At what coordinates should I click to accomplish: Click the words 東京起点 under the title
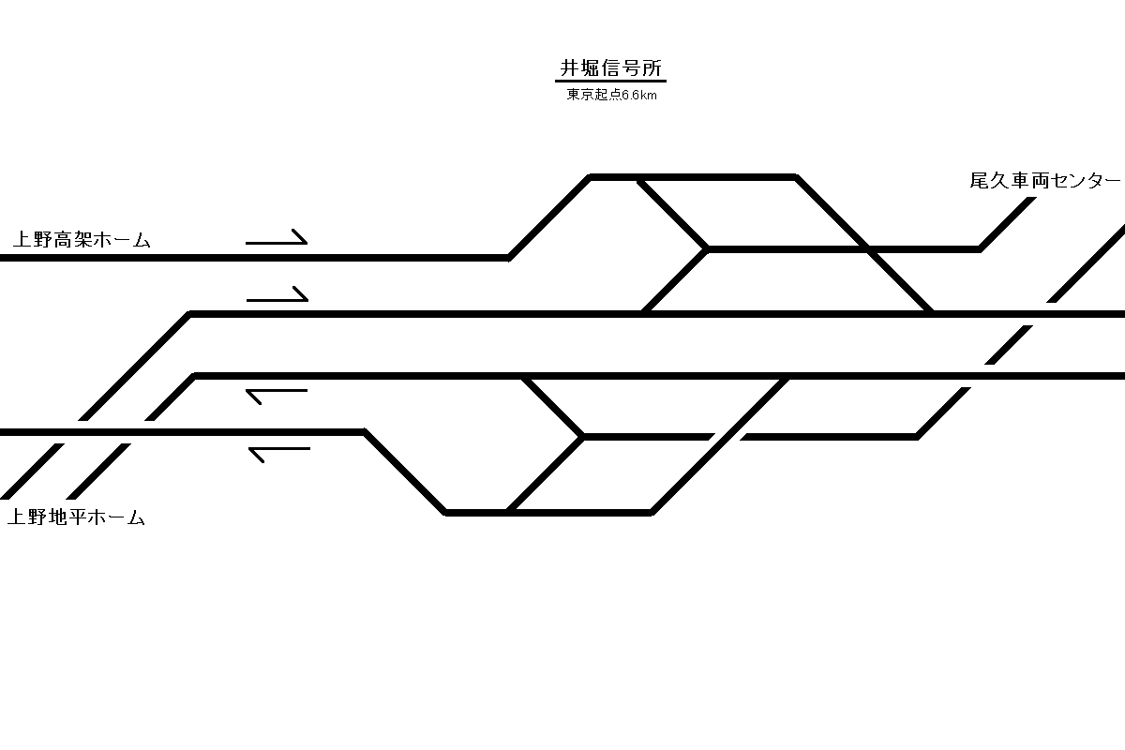(593, 95)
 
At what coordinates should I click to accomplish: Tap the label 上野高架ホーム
(82, 240)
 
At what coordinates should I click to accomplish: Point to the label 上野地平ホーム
(76, 517)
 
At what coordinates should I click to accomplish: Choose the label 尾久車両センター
(1044, 181)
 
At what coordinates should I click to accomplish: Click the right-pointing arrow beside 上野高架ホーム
(277, 240)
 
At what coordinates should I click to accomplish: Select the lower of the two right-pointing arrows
(277, 297)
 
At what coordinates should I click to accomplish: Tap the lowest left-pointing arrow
(278, 454)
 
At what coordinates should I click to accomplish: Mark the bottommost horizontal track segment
(548, 513)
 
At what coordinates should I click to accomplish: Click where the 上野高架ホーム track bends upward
(509, 255)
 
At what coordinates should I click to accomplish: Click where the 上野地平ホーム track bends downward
(365, 432)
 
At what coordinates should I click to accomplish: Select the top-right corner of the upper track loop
(794, 177)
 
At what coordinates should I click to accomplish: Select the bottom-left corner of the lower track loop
(446, 512)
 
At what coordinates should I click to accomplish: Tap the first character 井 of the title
(568, 68)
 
